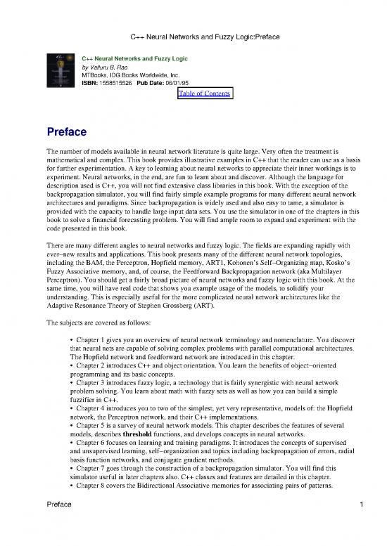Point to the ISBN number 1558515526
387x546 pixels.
(127, 83)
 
